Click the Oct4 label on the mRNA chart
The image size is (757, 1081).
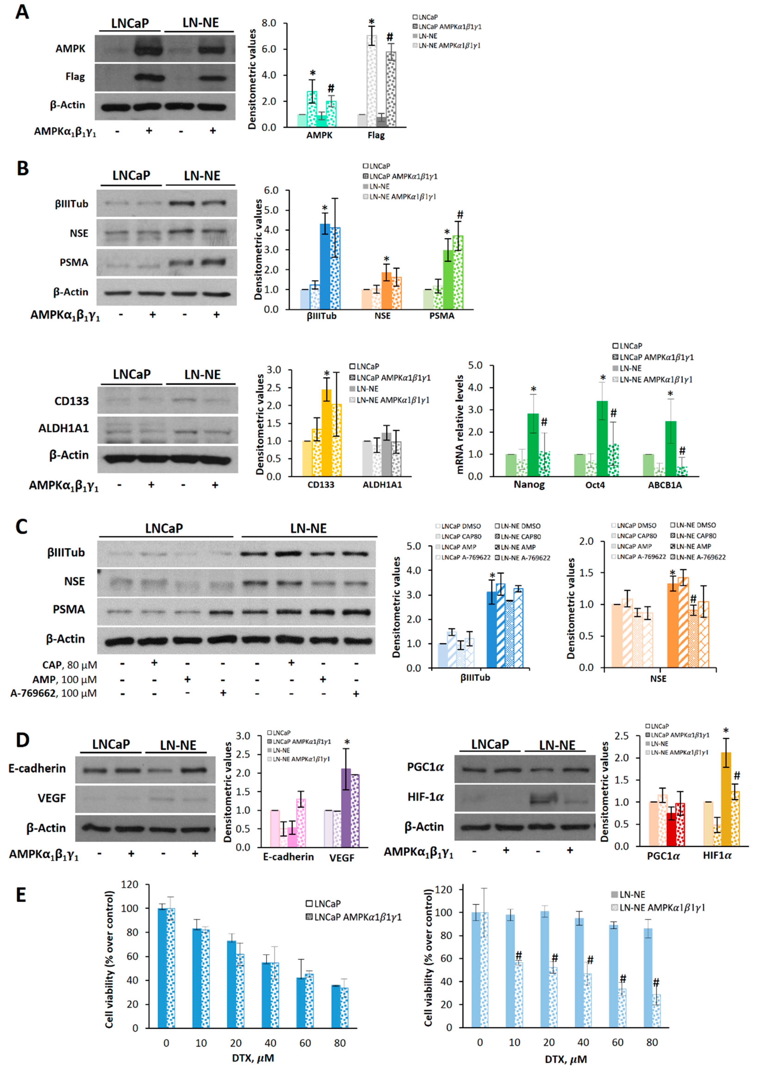pyautogui.click(x=595, y=485)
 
